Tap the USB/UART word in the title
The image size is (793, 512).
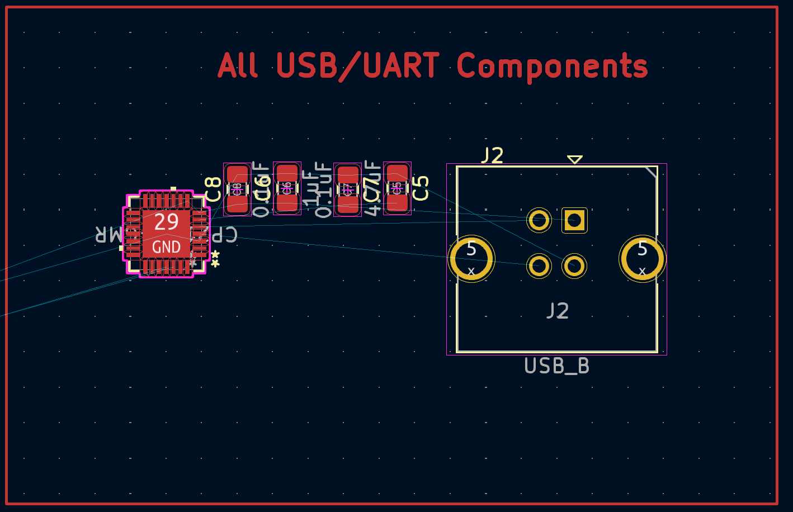click(x=357, y=65)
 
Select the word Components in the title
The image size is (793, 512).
click(x=552, y=67)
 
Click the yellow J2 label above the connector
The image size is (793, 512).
click(x=493, y=155)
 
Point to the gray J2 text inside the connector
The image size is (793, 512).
click(x=558, y=311)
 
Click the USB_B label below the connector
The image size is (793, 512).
click(x=556, y=366)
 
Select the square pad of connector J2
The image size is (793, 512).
click(x=574, y=220)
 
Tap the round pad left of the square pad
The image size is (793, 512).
click(x=539, y=220)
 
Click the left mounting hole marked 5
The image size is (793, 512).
click(x=471, y=259)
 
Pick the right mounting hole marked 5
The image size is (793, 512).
click(x=642, y=259)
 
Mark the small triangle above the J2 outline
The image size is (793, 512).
click(x=575, y=159)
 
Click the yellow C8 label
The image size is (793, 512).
click(x=213, y=189)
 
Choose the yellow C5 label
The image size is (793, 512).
click(x=421, y=188)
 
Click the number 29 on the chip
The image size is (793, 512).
click(x=166, y=222)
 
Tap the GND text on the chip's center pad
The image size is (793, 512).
click(x=166, y=247)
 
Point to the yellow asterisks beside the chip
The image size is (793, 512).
click(x=215, y=258)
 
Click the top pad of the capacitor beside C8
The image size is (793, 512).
click(x=237, y=174)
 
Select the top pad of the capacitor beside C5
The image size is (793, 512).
click(x=397, y=173)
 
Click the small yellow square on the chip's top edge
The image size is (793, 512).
click(x=173, y=189)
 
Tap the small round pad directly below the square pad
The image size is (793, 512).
click(x=574, y=266)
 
